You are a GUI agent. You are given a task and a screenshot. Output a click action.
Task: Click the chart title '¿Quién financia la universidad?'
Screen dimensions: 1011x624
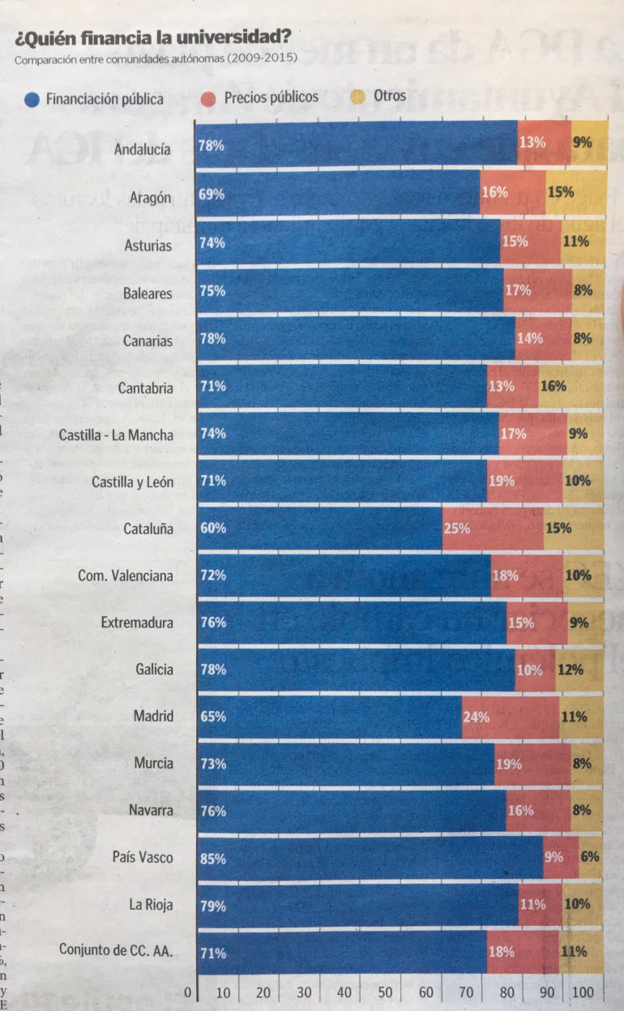152,37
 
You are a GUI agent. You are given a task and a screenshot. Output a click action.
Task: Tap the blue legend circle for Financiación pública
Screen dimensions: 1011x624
32,100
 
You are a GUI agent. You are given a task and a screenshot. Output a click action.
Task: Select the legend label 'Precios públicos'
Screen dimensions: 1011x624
271,97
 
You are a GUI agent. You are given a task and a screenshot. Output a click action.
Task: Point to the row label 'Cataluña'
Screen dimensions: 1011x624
148,529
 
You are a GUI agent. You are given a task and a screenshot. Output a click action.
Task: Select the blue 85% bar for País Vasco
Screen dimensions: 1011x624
369,858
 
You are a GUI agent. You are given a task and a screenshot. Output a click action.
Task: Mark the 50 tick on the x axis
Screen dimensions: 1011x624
384,992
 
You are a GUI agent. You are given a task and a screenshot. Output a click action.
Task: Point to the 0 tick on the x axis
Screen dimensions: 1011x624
187,992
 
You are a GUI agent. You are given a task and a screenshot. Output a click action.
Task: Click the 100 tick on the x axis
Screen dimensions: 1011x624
583,992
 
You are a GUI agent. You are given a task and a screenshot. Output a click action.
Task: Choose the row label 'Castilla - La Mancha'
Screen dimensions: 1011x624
116,435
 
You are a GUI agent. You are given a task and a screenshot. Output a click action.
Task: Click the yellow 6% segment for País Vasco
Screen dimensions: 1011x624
590,858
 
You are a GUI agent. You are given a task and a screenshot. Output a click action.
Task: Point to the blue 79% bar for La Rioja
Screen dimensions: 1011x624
357,905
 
